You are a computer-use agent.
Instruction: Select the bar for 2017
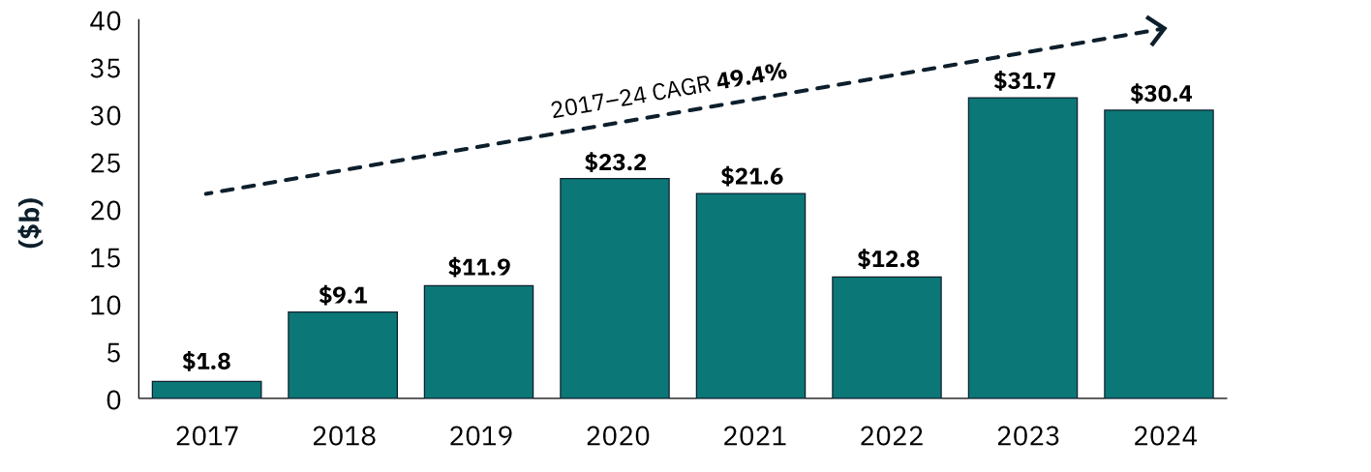(207, 390)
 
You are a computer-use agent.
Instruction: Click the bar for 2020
(615, 288)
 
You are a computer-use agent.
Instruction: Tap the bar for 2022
(886, 338)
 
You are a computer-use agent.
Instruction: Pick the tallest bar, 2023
(1022, 248)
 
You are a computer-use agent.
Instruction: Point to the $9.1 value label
(343, 295)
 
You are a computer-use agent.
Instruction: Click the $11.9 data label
(478, 267)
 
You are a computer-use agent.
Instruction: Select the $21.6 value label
(751, 177)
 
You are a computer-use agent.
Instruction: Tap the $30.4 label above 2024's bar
(1161, 94)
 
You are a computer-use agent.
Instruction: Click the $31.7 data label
(1024, 80)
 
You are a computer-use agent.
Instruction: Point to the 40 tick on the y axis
(106, 21)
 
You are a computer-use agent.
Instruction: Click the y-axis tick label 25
(106, 163)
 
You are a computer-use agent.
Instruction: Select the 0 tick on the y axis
(114, 400)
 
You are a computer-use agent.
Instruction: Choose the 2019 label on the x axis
(480, 436)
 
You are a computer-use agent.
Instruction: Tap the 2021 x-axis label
(754, 436)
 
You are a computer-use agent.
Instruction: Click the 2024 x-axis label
(1165, 436)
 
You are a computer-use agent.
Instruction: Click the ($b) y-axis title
(31, 222)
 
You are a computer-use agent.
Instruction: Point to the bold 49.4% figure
(751, 75)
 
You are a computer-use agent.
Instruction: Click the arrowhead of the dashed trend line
(1158, 31)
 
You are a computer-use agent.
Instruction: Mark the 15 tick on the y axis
(106, 258)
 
